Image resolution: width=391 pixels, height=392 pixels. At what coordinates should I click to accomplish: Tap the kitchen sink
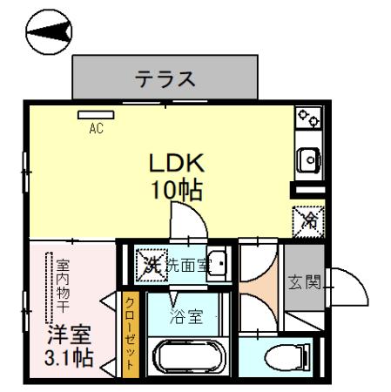click(308, 159)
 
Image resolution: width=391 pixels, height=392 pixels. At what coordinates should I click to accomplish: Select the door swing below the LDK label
click(186, 221)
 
